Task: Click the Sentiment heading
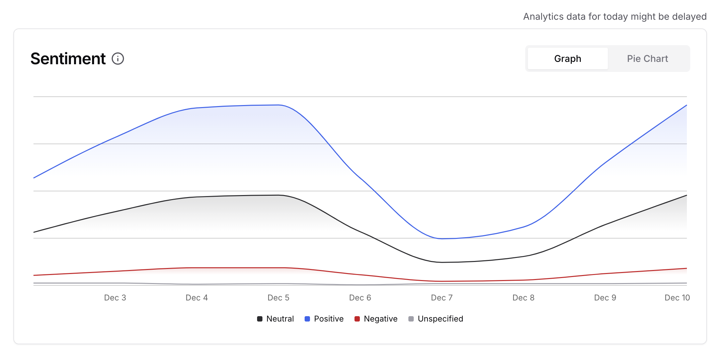[x=68, y=59]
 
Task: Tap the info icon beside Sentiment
[x=118, y=59]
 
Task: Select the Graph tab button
[x=567, y=59]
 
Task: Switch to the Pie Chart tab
[x=647, y=59]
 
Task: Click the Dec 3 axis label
[x=115, y=298]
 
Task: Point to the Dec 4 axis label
[x=196, y=298]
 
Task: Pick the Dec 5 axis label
[x=278, y=298]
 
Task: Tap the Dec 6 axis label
[x=360, y=298]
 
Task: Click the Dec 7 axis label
[x=442, y=298]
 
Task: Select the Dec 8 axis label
[x=523, y=298]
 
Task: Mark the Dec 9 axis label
[x=605, y=298]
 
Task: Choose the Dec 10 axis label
[x=677, y=298]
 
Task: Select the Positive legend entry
[x=324, y=319]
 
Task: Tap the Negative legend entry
[x=376, y=319]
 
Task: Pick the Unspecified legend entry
[x=436, y=319]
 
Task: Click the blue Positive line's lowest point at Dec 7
[x=442, y=239]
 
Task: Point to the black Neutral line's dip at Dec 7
[x=442, y=262]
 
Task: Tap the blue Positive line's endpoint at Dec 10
[x=686, y=105]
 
